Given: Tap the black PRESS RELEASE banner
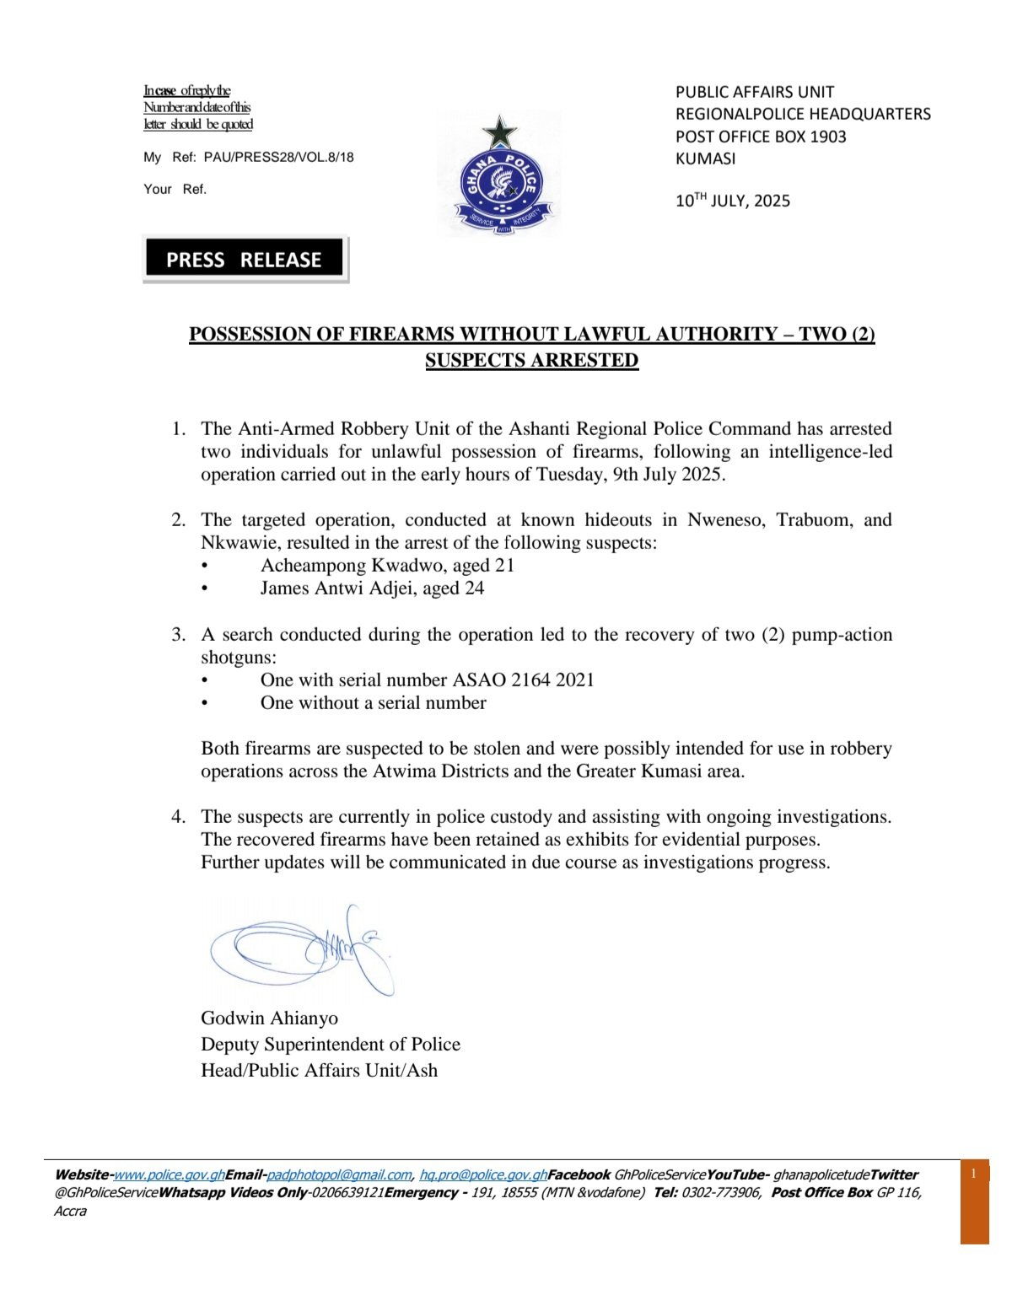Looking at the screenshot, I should click(245, 259).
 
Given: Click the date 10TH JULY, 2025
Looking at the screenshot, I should click(733, 201).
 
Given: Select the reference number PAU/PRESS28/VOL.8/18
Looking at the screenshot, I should click(279, 157).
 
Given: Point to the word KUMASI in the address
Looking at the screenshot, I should click(706, 159).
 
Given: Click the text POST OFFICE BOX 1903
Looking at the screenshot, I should click(761, 137).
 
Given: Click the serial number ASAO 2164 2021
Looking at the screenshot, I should click(524, 680).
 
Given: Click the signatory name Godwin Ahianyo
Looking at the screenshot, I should click(269, 1018).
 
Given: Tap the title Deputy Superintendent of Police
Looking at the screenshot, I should click(331, 1044).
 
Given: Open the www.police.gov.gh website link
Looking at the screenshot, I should click(170, 1174).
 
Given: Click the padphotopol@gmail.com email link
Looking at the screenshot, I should click(339, 1174).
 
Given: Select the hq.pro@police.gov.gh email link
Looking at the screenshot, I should click(484, 1174).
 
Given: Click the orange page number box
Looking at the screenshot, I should click(974, 1201).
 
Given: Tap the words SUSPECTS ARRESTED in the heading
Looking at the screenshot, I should click(531, 360).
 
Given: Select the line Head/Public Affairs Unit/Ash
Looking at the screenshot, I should click(319, 1070).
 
